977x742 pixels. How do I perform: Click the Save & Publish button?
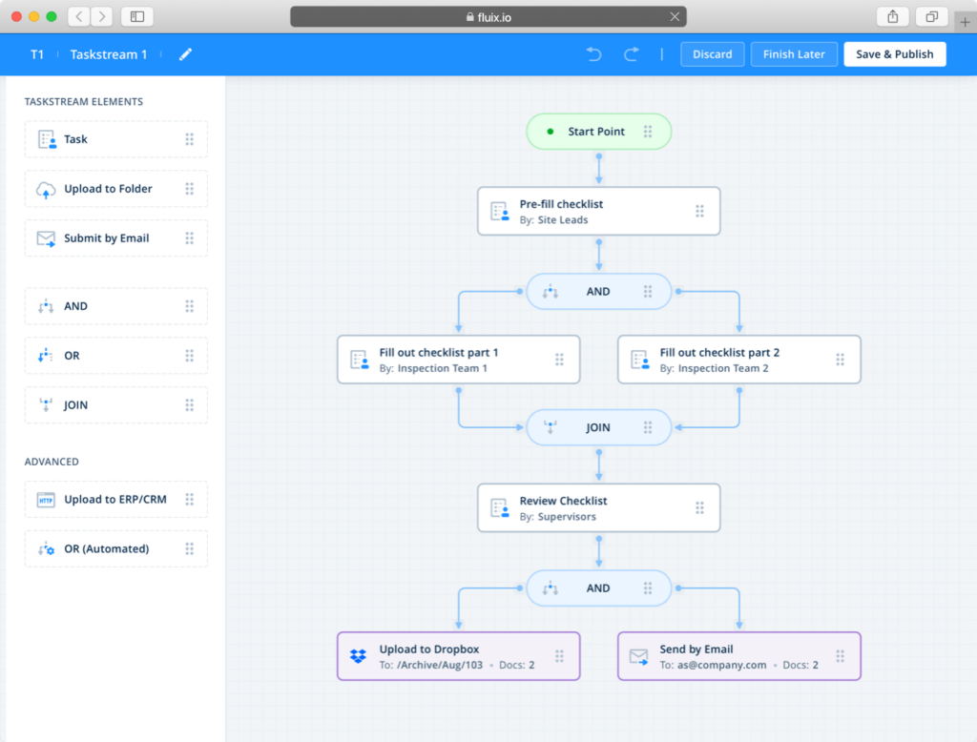[x=894, y=54]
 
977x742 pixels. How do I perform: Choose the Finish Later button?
[x=794, y=54]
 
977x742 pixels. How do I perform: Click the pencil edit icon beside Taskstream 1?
[x=185, y=54]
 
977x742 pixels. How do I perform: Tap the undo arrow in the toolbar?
[x=594, y=54]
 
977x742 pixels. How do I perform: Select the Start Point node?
[x=598, y=132]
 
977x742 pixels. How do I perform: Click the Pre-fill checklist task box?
[x=598, y=211]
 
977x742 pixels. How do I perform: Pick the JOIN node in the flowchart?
[x=598, y=428]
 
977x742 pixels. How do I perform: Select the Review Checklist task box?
[x=598, y=508]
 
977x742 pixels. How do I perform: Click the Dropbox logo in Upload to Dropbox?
[x=358, y=656]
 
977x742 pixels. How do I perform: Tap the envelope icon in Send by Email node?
[x=638, y=656]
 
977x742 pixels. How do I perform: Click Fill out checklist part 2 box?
[x=738, y=360]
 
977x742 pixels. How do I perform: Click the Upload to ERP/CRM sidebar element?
[x=115, y=500]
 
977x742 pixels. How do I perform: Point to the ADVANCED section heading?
[x=52, y=462]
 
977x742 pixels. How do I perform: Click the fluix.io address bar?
[x=488, y=16]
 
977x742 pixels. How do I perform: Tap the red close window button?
[x=16, y=16]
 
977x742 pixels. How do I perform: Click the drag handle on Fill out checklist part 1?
[x=559, y=360]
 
